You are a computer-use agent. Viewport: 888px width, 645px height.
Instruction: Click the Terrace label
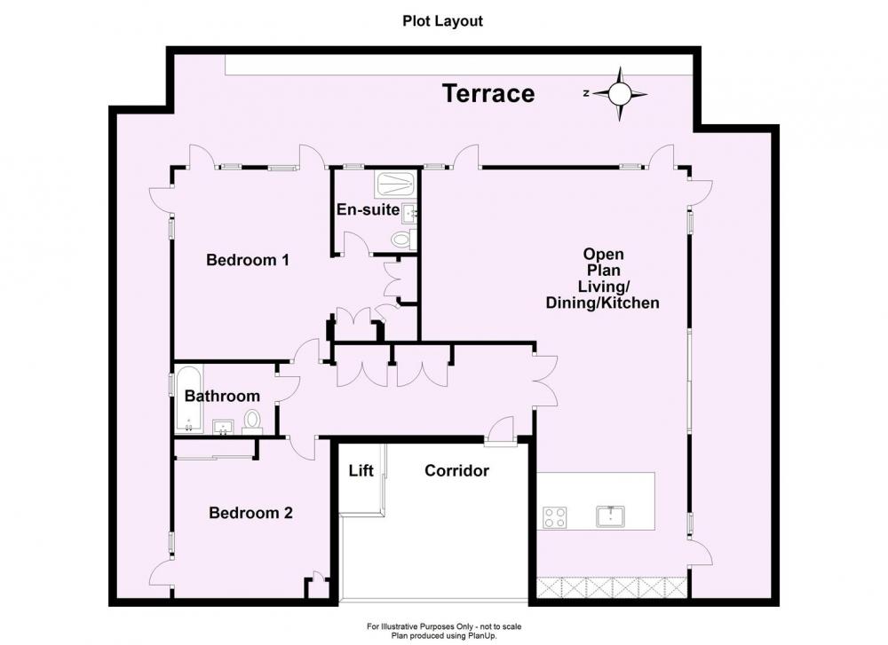[488, 93]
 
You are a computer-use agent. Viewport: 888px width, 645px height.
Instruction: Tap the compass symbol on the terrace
[620, 94]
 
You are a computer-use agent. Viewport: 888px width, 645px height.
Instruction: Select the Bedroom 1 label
[248, 260]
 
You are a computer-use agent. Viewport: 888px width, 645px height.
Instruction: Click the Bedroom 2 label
[251, 513]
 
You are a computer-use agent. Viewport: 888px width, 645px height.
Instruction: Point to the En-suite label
[369, 209]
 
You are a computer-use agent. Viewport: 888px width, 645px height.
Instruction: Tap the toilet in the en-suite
[404, 240]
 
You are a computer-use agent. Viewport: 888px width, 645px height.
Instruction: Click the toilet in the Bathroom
[252, 422]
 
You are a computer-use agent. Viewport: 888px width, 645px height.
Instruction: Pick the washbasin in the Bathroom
[225, 427]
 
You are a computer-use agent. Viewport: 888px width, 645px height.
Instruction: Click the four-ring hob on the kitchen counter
[555, 517]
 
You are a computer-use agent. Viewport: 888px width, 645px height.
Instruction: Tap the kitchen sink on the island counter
[611, 516]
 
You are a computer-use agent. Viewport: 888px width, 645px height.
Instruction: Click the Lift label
[361, 471]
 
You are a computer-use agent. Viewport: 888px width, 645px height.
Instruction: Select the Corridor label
[457, 471]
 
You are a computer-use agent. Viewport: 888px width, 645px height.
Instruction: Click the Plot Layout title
[443, 21]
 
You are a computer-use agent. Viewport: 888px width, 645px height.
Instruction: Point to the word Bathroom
[223, 396]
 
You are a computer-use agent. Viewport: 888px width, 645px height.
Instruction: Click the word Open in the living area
[604, 254]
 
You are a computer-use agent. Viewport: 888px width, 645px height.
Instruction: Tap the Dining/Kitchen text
[603, 303]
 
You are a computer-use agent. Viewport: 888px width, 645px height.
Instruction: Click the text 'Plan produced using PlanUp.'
[444, 635]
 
